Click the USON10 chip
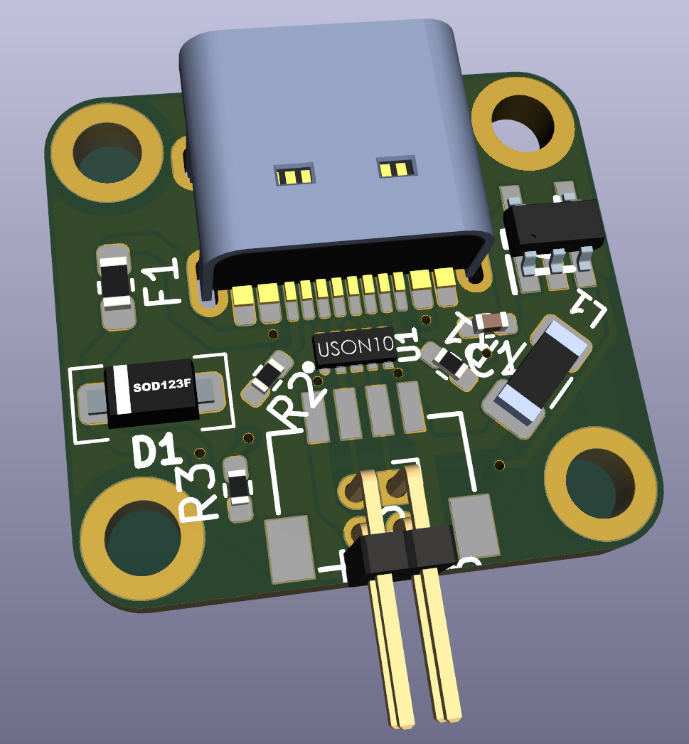tap(356, 349)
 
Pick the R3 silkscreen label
tap(197, 492)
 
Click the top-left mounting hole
tap(107, 152)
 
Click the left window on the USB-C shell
tap(293, 174)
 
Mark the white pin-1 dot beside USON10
tap(307, 366)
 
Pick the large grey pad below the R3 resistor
tap(289, 548)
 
